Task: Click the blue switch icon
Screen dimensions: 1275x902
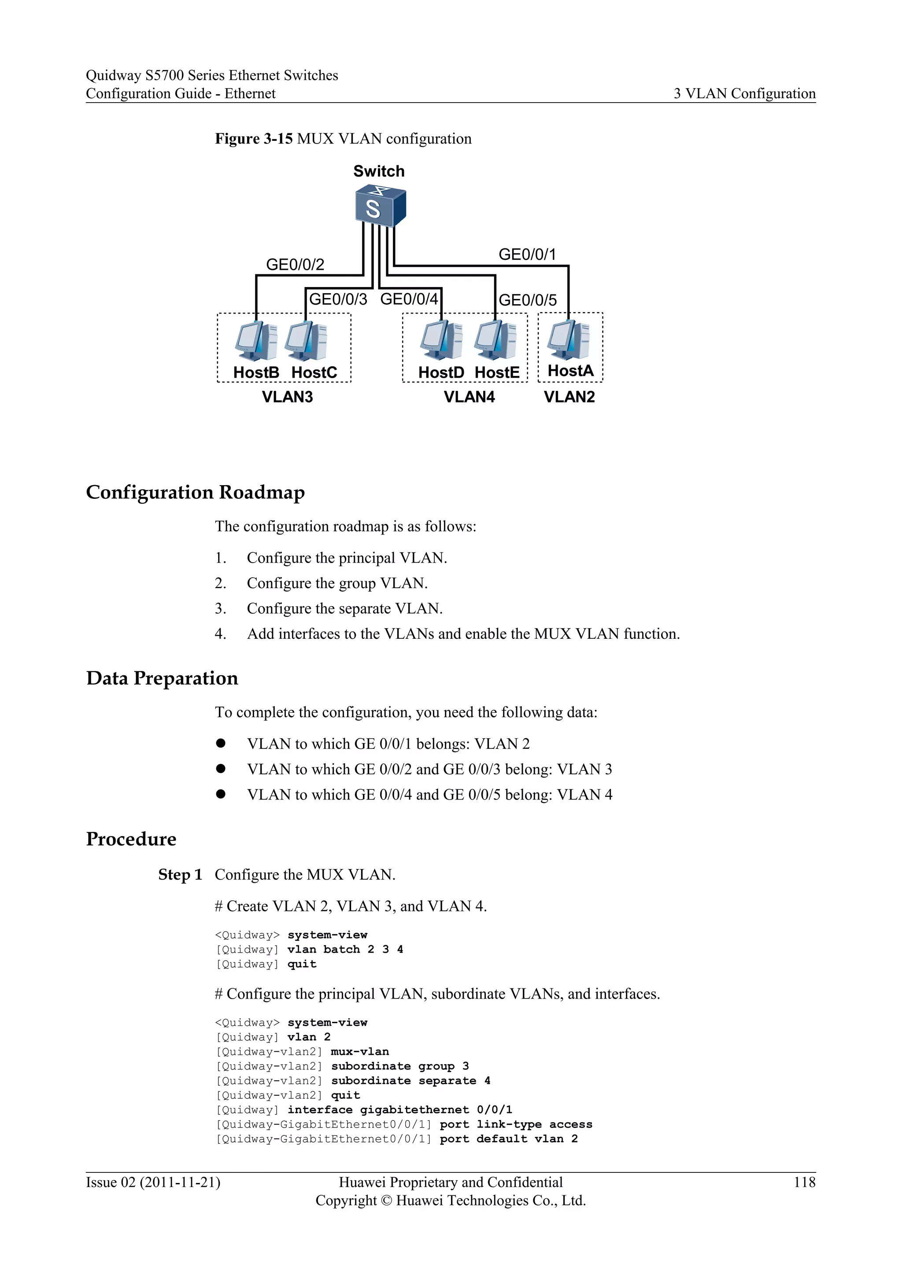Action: (381, 207)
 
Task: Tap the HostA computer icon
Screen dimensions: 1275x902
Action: (568, 340)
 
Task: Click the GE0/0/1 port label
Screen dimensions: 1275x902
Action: (527, 254)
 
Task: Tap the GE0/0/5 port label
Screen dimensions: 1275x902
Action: (527, 300)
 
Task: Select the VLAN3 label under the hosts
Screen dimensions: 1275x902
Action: (287, 397)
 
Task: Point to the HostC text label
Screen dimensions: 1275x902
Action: (314, 372)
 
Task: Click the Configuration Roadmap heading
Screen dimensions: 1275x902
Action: (195, 492)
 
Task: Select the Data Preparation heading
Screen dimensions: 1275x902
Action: (162, 678)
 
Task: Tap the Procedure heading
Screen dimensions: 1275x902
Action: (131, 839)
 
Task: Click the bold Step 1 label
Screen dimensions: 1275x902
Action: (179, 875)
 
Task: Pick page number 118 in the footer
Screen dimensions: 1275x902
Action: (804, 1182)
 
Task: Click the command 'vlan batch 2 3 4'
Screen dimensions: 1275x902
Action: (345, 950)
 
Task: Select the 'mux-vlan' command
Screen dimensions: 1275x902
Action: (360, 1052)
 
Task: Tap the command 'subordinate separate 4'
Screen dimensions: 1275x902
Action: (410, 1081)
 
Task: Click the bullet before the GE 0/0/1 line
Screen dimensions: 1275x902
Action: (221, 743)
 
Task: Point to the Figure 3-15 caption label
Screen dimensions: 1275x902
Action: (254, 139)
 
